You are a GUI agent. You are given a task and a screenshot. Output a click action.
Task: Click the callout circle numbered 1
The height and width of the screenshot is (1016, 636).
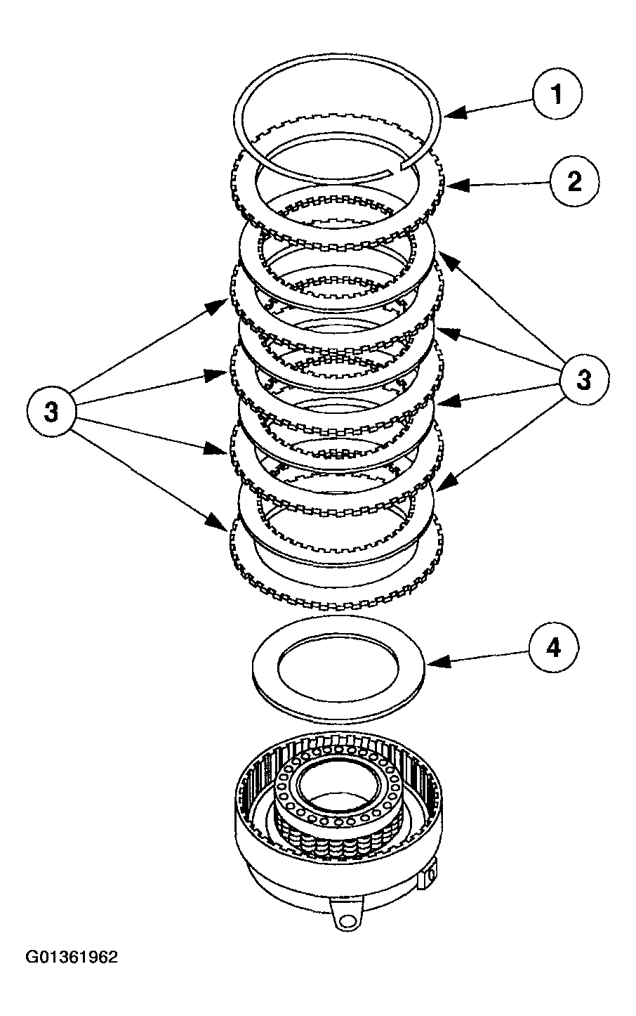(x=557, y=95)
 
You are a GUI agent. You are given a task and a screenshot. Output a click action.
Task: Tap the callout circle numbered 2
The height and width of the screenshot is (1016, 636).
(x=574, y=182)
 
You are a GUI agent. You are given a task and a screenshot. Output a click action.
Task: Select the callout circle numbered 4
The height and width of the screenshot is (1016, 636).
(x=554, y=648)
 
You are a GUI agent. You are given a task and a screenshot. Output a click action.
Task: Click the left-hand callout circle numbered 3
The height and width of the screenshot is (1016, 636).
(x=52, y=412)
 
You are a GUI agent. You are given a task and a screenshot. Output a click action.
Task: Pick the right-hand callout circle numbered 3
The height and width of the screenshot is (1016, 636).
(x=584, y=380)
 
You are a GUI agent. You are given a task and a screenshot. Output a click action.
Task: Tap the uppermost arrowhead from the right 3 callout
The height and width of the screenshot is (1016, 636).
(x=442, y=261)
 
